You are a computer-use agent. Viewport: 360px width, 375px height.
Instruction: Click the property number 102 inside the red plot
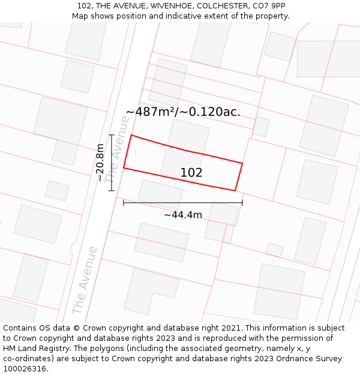click(x=191, y=173)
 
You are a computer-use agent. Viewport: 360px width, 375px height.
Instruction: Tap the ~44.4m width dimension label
click(x=183, y=215)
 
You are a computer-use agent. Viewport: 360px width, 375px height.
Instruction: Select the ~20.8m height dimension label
click(x=100, y=163)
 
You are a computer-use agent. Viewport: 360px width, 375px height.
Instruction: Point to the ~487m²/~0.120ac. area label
click(x=183, y=112)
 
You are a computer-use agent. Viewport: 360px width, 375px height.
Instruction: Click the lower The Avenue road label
click(x=85, y=280)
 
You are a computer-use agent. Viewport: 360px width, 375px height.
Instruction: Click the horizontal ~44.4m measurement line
click(x=183, y=203)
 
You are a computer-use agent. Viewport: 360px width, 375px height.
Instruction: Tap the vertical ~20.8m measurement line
click(x=112, y=163)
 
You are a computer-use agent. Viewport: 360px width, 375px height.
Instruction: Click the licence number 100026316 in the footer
click(x=25, y=369)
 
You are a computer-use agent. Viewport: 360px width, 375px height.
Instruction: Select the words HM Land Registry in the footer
click(x=35, y=349)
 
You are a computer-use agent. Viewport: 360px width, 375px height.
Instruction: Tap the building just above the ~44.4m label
click(x=160, y=193)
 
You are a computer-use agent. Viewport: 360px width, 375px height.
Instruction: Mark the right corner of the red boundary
click(x=242, y=163)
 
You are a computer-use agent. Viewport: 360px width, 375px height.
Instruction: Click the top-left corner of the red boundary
click(x=131, y=135)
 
